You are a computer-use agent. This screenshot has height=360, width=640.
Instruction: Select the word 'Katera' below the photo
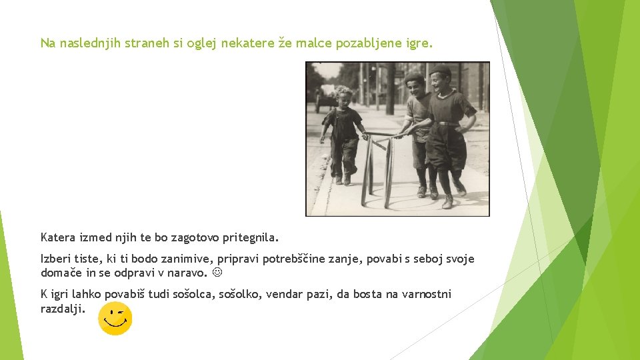[x=58, y=237]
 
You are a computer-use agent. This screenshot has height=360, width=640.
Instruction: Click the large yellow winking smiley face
[x=115, y=318]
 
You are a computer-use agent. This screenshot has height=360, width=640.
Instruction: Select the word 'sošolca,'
[x=195, y=294]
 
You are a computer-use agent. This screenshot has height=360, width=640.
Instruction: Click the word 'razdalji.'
[x=63, y=308]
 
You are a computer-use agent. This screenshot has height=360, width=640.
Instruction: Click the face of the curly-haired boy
[x=343, y=99]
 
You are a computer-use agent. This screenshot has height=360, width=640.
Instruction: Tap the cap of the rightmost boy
[x=439, y=70]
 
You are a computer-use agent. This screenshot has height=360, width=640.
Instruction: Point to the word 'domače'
[x=59, y=273]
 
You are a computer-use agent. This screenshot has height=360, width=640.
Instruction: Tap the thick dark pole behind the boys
[x=390, y=90]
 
